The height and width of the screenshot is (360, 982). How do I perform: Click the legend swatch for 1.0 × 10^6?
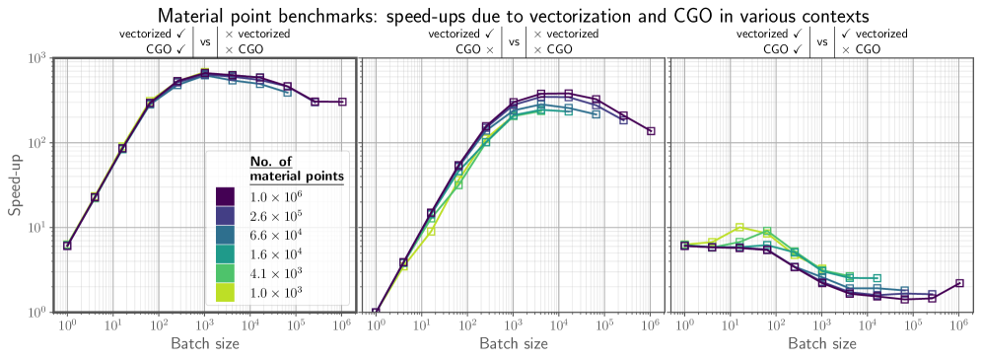[x=226, y=197]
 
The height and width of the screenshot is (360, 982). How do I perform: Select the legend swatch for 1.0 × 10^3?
[x=226, y=292]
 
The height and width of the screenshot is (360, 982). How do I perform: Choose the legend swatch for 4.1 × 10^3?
[x=226, y=273]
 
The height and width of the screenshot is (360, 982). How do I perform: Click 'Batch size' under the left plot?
[x=204, y=344]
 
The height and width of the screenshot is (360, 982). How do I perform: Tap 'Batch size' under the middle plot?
[x=514, y=344]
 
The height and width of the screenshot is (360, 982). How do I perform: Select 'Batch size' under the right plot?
[x=822, y=344]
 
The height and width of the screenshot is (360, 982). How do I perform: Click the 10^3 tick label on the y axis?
[x=37, y=58]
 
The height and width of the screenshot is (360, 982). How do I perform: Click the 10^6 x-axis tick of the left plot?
[x=341, y=324]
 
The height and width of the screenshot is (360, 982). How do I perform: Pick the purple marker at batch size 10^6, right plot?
[x=960, y=283]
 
